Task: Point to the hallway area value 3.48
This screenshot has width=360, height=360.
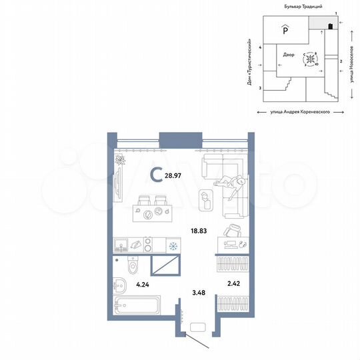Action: pyautogui.click(x=197, y=291)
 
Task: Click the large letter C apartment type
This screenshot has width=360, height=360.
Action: pyautogui.click(x=155, y=175)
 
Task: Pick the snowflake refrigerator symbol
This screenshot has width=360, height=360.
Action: pyautogui.click(x=173, y=246)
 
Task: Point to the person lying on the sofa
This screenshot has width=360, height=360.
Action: pyautogui.click(x=231, y=183)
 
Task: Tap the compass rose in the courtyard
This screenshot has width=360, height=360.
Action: pyautogui.click(x=310, y=60)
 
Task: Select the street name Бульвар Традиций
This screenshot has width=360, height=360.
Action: pyautogui.click(x=294, y=6)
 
